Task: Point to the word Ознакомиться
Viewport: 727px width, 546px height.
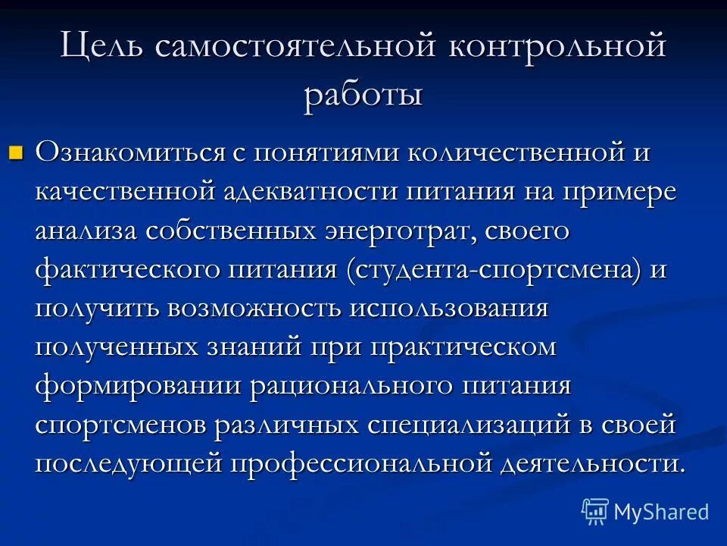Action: pos(129,152)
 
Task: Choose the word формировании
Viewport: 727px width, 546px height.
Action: pos(136,387)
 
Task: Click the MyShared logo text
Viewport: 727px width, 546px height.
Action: pos(661,512)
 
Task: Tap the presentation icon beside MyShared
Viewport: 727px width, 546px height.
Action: pos(594,512)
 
